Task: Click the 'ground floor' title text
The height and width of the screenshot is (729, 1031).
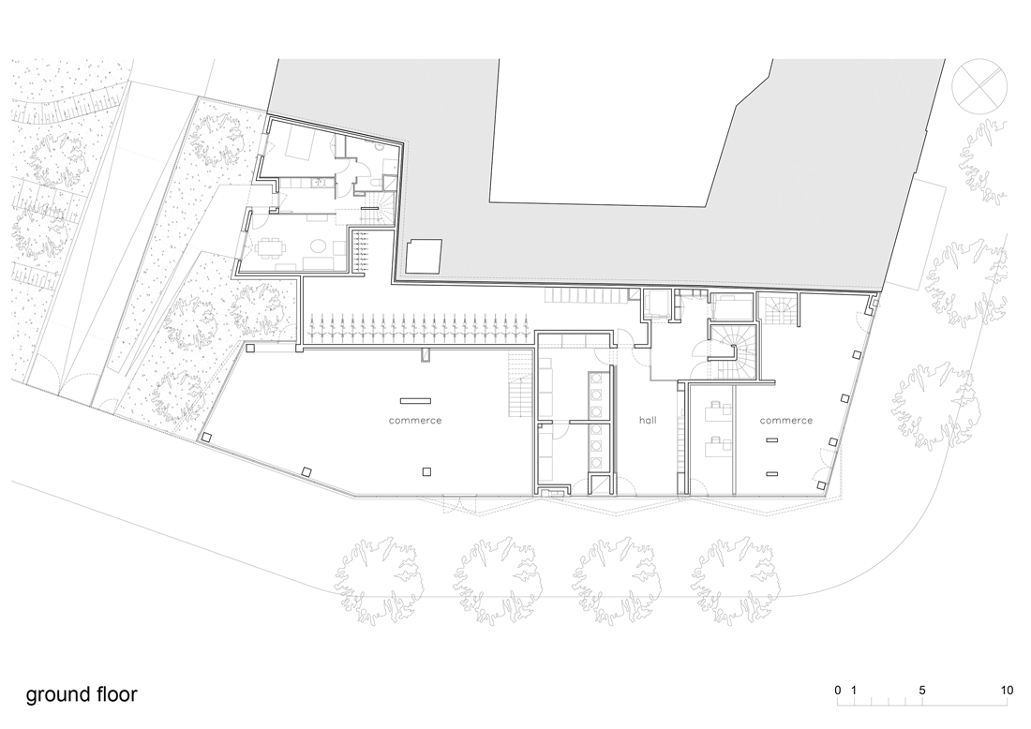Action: [x=82, y=695]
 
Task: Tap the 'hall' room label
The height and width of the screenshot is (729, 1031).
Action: [x=648, y=420]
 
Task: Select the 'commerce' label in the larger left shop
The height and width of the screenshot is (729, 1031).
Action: [x=415, y=420]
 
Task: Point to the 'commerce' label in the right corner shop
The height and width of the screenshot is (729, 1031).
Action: [x=786, y=420]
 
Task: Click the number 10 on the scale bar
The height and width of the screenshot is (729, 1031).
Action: [x=1007, y=691]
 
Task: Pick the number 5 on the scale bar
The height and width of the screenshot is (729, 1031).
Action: [x=922, y=691]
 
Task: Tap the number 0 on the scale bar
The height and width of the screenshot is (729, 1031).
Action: [x=838, y=691]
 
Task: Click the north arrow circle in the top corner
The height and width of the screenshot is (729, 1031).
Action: [x=979, y=86]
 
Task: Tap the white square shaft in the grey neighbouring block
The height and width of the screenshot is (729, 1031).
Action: [x=424, y=257]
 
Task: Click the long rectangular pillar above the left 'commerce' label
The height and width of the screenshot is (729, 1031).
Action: [x=415, y=400]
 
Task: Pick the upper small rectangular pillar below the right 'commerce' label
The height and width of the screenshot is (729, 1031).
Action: [x=772, y=439]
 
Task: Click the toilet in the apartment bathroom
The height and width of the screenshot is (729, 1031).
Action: [x=372, y=182]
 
